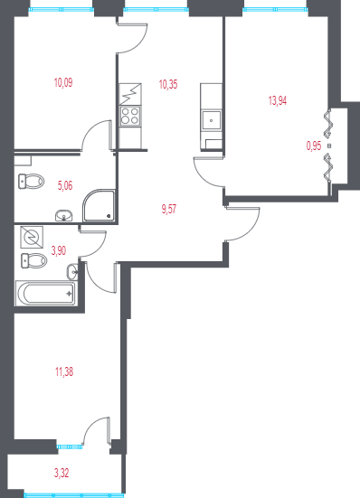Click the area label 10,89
[x=62, y=82]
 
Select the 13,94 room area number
[x=278, y=101]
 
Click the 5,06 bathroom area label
[x=65, y=186]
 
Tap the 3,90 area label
[x=59, y=250]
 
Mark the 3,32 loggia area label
[x=62, y=471]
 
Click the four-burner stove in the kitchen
[x=129, y=116]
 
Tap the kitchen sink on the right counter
[x=211, y=117]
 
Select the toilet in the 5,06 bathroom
[x=31, y=183]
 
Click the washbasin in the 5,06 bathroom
[x=64, y=215]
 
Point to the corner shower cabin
[x=98, y=207]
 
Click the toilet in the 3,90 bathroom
[x=33, y=262]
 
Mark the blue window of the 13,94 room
[x=275, y=9]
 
